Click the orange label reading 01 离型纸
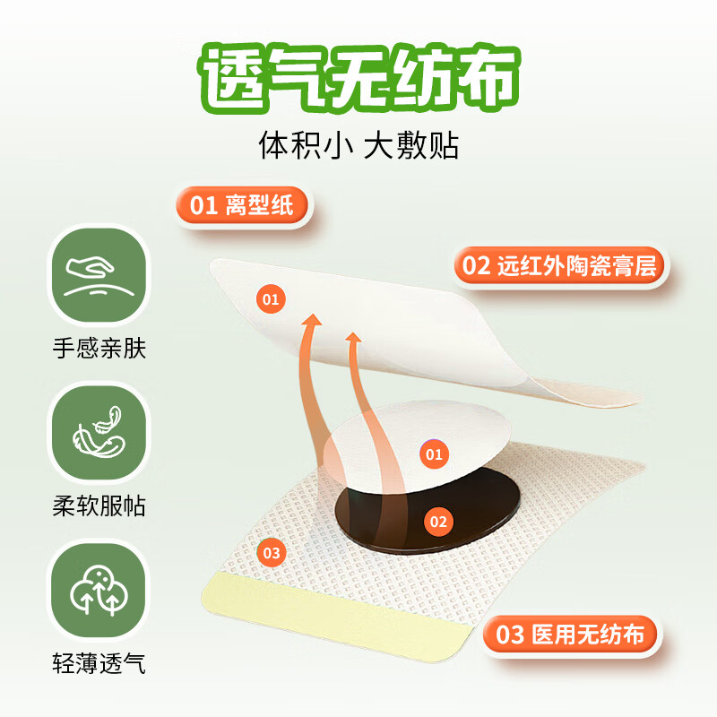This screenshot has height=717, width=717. pyautogui.click(x=242, y=205)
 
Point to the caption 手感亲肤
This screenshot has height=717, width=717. pyautogui.click(x=99, y=348)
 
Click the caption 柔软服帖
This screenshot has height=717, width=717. pyautogui.click(x=99, y=506)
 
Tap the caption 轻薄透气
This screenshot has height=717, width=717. pyautogui.click(x=99, y=664)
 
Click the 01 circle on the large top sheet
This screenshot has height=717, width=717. pyautogui.click(x=272, y=298)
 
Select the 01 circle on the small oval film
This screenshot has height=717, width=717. pyautogui.click(x=434, y=454)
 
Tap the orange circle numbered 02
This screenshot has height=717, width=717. pyautogui.click(x=438, y=521)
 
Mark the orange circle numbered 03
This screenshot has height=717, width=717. pyautogui.click(x=272, y=553)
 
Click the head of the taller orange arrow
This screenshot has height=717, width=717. pyautogui.click(x=311, y=321)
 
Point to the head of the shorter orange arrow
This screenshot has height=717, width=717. pyautogui.click(x=355, y=339)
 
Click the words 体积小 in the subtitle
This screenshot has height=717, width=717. pyautogui.click(x=304, y=145)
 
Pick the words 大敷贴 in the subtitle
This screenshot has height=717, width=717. pyautogui.click(x=411, y=145)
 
